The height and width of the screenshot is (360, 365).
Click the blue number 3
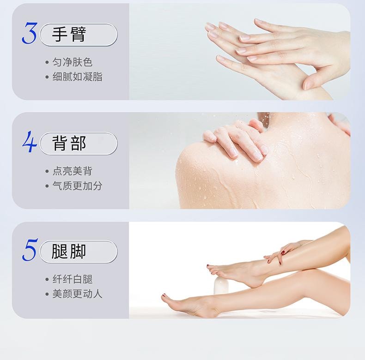(x=30, y=33)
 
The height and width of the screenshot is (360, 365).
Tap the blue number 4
(x=30, y=141)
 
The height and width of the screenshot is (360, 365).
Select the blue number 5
(x=30, y=250)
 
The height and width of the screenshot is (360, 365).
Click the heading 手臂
(x=69, y=35)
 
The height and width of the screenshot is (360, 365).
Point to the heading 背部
(x=69, y=143)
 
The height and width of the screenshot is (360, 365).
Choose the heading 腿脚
(x=69, y=252)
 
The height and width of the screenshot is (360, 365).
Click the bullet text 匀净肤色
(x=73, y=62)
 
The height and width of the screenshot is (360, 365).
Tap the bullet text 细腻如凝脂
(x=77, y=77)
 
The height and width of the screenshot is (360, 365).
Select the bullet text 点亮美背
(x=73, y=171)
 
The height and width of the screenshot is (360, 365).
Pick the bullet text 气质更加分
(x=77, y=186)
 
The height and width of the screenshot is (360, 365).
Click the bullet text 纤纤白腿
(x=73, y=279)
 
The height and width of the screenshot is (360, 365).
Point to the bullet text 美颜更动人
(x=77, y=294)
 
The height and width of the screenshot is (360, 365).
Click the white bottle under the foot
(x=221, y=286)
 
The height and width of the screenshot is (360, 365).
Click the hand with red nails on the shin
(x=283, y=253)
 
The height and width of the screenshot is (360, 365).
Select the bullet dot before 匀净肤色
(x=47, y=62)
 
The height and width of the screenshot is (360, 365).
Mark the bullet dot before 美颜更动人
(x=47, y=294)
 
